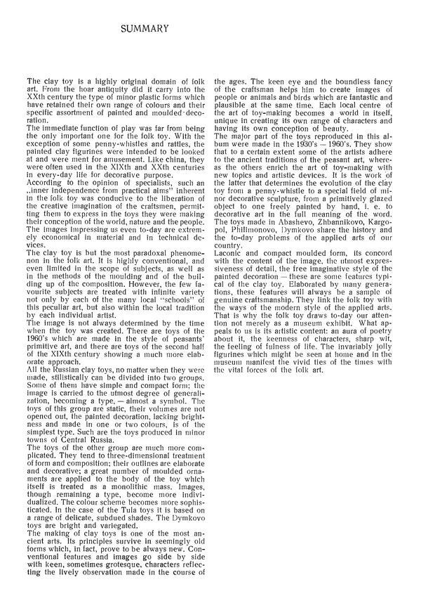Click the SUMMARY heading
tap(142, 30)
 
